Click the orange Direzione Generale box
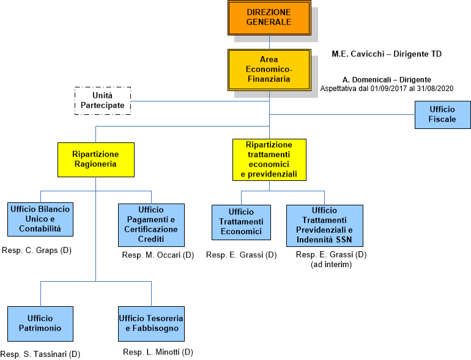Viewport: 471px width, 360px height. [x=269, y=18]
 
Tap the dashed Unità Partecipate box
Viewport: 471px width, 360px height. [x=103, y=101]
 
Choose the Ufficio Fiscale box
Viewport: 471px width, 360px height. [x=442, y=114]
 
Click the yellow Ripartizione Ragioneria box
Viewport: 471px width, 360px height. [x=95, y=160]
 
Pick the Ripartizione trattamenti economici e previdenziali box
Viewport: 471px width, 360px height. [x=269, y=160]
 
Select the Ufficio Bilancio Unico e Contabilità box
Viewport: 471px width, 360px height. [x=40, y=219]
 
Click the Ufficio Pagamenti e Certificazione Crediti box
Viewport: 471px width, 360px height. [x=151, y=225]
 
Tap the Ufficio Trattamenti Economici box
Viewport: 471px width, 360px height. [x=241, y=222]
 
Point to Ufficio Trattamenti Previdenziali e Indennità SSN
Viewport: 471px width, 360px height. [x=324, y=225]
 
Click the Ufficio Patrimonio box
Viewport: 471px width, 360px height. [x=40, y=323]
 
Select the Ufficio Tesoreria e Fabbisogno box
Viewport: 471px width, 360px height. [x=151, y=323]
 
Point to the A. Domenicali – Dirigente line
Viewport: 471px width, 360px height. [x=387, y=80]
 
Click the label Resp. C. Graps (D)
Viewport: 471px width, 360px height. [x=37, y=250]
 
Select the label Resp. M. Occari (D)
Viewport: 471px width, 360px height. [x=158, y=255]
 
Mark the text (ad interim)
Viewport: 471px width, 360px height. [x=332, y=264]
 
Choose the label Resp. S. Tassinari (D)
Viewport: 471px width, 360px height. [x=40, y=354]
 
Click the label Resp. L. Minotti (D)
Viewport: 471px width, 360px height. [x=158, y=352]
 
